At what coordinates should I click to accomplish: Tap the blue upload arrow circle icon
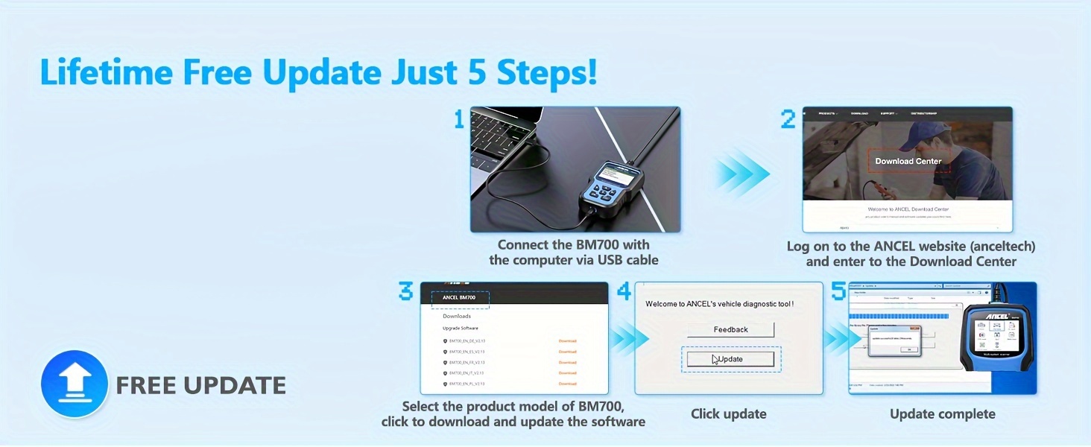[75, 384]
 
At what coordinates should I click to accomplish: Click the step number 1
[459, 119]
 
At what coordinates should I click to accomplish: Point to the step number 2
[788, 119]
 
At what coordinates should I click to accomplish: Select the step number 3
[405, 291]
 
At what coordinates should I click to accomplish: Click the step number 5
[838, 291]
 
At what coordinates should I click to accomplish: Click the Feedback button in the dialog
[730, 329]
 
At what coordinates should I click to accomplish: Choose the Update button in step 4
[730, 359]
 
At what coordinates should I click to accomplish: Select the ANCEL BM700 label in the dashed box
[460, 297]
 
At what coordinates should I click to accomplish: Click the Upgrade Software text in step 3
[461, 328]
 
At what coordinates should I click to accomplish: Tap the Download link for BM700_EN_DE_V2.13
[567, 341]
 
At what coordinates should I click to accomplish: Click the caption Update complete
[942, 414]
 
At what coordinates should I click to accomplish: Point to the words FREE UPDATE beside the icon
[200, 385]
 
